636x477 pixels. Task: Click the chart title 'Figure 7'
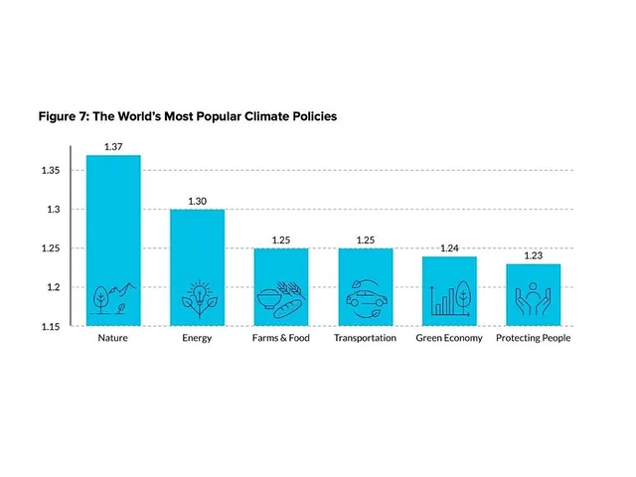[188, 116]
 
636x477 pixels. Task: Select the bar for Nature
[112, 239]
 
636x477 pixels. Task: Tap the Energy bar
[197, 266]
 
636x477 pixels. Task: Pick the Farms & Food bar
[281, 286]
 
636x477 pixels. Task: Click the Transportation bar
[365, 286]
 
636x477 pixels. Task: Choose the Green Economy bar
[449, 290]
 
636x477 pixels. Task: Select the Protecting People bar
[534, 294]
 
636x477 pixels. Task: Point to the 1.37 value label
[112, 147]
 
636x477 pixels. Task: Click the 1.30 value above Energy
[197, 202]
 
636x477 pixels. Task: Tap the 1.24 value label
[449, 248]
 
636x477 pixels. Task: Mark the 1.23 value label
[534, 256]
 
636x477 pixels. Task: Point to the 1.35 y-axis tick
[51, 171]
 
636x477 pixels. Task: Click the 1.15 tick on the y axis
[51, 326]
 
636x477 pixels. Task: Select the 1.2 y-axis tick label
[54, 287]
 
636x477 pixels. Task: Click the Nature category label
[112, 338]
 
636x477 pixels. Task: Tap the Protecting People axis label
[534, 338]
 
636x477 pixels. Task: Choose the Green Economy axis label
[449, 338]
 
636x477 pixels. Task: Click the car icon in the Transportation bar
[365, 299]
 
